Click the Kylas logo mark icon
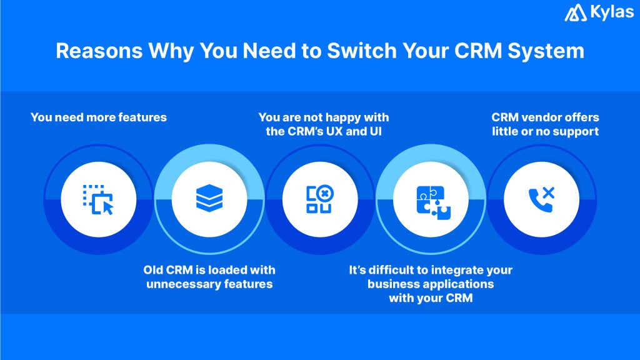pyautogui.click(x=575, y=13)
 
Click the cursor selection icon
pyautogui.click(x=99, y=199)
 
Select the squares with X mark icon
pyautogui.click(x=319, y=199)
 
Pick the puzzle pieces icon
pyautogui.click(x=431, y=199)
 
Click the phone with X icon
pyautogui.click(x=541, y=199)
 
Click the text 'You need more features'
pyautogui.click(x=99, y=117)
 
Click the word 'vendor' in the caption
pyautogui.click(x=542, y=117)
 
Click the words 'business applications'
pyautogui.click(x=431, y=284)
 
